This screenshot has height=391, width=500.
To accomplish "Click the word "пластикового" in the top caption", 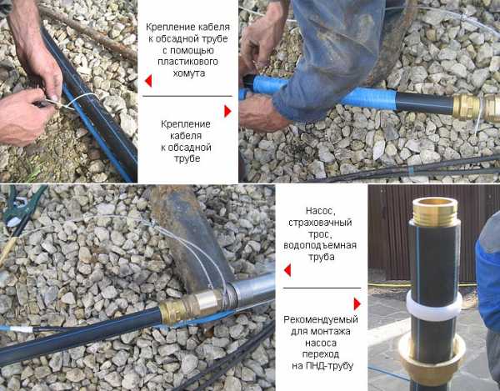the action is click(187, 62).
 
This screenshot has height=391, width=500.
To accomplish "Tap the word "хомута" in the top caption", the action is click(189, 73).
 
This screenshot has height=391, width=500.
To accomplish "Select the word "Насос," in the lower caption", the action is click(321, 211).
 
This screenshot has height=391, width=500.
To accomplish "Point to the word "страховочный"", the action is click(320, 223).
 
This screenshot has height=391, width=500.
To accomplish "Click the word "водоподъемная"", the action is click(320, 245).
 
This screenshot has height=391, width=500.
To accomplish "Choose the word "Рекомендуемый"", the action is click(321, 319).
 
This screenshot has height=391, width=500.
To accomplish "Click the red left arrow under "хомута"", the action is click(148, 81).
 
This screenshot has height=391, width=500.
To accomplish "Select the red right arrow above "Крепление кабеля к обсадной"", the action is click(227, 111).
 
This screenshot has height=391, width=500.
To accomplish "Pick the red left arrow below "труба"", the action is click(287, 270).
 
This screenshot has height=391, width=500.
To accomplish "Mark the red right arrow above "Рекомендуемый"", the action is click(357, 304).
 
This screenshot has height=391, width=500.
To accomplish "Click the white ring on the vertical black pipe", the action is click(434, 306).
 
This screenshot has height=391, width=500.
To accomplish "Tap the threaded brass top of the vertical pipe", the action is click(435, 212).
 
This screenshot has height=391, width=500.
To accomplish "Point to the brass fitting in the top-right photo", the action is click(476, 107).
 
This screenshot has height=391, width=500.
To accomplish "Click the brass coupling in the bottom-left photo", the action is click(192, 306).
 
